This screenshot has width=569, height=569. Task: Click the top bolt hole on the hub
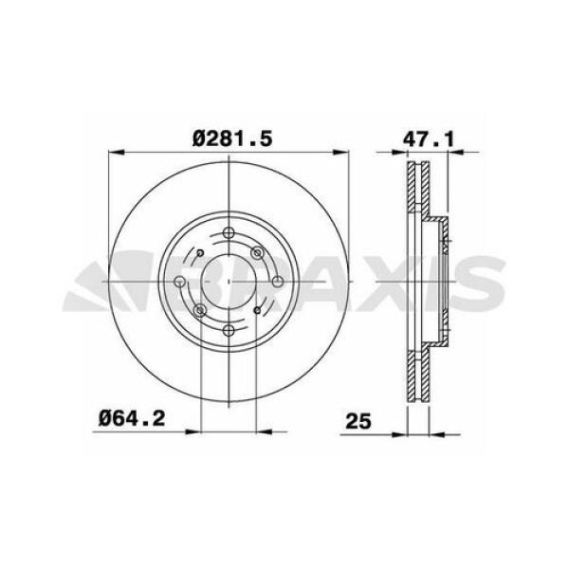(x=230, y=238)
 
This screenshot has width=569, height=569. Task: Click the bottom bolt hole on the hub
(x=230, y=330)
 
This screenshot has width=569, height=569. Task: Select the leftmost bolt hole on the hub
(x=184, y=284)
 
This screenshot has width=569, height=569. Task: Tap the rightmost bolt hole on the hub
(x=276, y=284)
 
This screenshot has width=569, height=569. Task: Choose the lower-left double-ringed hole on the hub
(x=200, y=314)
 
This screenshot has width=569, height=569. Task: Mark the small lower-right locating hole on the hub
(x=260, y=314)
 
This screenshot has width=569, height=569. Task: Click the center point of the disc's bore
(x=230, y=284)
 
